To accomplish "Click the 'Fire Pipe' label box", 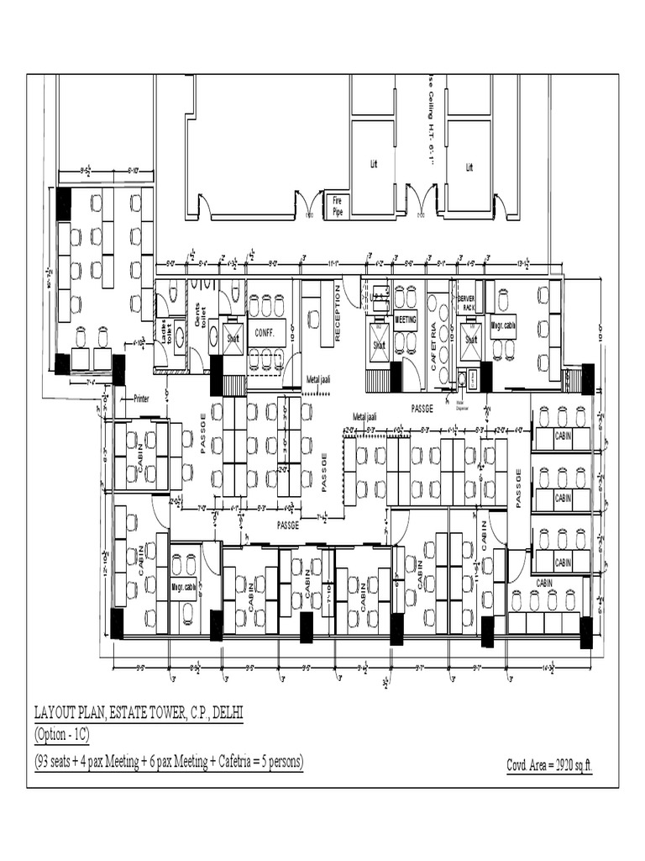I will click(x=338, y=206).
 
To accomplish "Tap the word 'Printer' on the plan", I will click(x=141, y=399).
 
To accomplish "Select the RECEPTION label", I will click(x=338, y=312).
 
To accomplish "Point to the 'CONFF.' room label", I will click(x=265, y=331).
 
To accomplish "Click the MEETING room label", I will click(x=406, y=320).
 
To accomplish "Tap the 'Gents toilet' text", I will click(x=200, y=314).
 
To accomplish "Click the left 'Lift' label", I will click(x=374, y=165).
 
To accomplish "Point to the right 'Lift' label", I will click(x=469, y=167).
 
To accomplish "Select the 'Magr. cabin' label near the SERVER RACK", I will click(x=504, y=325).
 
